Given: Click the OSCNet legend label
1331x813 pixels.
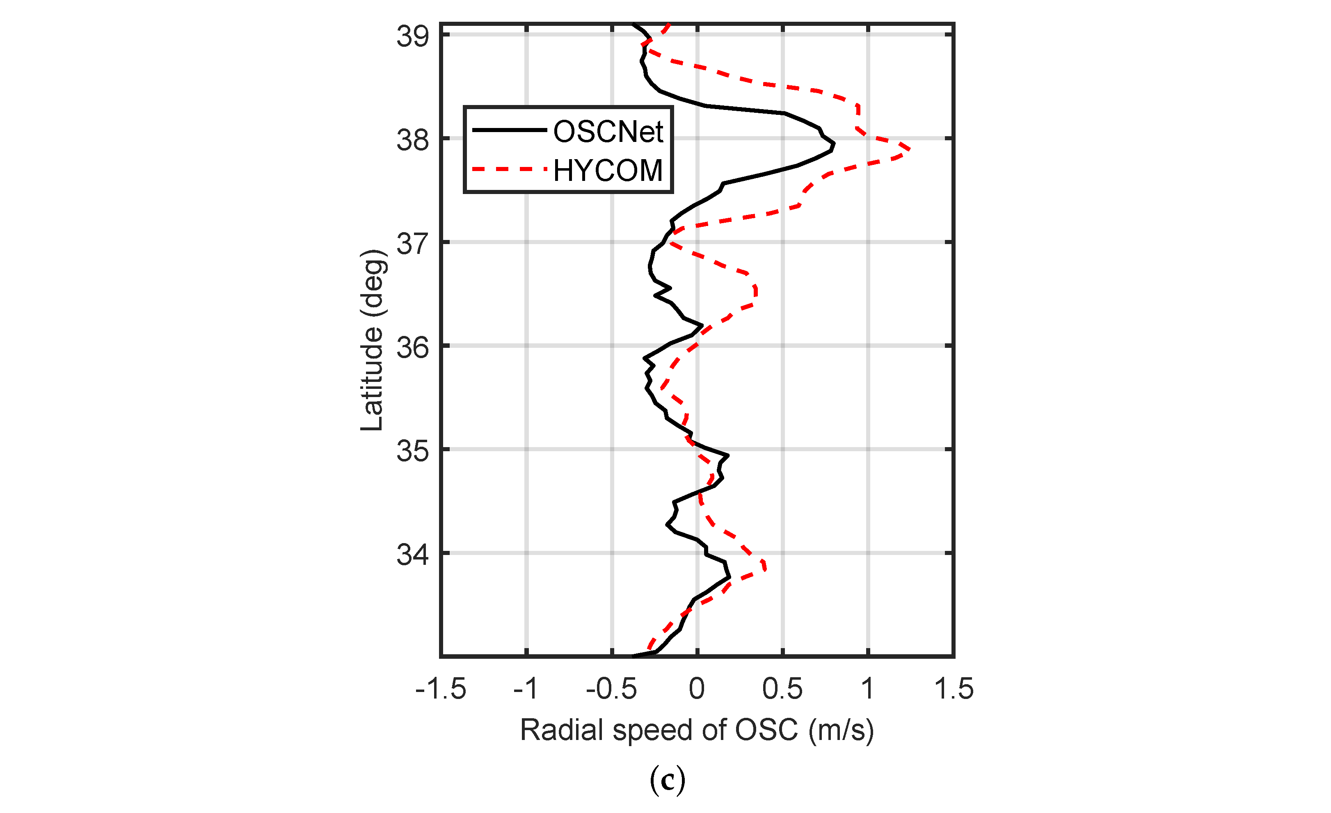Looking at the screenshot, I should coord(608,132).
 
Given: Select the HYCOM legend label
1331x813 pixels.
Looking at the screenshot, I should coord(608,171).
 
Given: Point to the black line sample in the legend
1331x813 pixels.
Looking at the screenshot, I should coord(510,130).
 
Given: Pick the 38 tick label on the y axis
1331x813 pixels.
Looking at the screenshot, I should coord(413,140).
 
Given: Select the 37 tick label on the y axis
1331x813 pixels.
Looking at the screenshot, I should coord(413,244).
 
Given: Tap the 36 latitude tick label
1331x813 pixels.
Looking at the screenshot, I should coord(413,347).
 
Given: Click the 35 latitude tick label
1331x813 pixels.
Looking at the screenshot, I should coord(413,451).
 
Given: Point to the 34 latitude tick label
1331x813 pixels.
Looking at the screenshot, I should coord(413,555).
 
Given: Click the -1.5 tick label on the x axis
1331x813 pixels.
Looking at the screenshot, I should coord(441,689).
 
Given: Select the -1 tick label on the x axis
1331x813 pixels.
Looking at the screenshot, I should coord(526,689).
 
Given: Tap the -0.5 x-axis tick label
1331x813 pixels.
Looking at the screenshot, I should coord(611,689).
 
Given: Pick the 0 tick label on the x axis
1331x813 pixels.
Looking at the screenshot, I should coord(697,689).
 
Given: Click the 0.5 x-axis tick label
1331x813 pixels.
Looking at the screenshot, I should coord(782,689).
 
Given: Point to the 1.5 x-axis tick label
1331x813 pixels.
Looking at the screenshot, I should coord(954,689).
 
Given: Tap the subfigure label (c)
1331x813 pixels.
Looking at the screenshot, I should coord(668,779).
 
